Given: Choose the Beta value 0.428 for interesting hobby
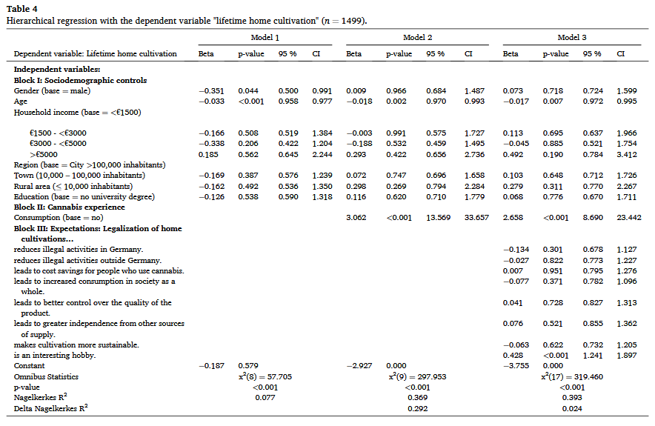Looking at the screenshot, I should (513, 356).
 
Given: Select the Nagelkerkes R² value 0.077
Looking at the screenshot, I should (265, 398).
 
